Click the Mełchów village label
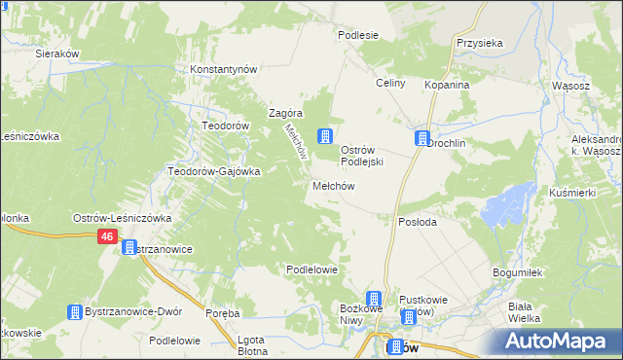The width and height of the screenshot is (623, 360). click(332, 186)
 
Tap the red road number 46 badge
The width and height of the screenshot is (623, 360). click(107, 237)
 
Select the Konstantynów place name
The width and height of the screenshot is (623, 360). click(223, 70)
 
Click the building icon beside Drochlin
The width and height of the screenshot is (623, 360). click(422, 138)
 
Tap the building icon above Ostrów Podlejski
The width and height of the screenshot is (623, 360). click(326, 136)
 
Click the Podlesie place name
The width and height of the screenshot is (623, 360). click(357, 35)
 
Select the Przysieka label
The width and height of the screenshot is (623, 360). click(479, 44)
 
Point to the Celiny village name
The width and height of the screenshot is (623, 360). click(390, 84)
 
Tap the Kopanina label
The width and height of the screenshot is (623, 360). click(447, 86)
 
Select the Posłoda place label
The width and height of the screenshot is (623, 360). click(418, 222)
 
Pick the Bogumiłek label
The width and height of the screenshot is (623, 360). click(515, 272)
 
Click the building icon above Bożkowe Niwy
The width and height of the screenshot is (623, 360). click(374, 299)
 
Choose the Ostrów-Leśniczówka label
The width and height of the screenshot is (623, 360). click(123, 218)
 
